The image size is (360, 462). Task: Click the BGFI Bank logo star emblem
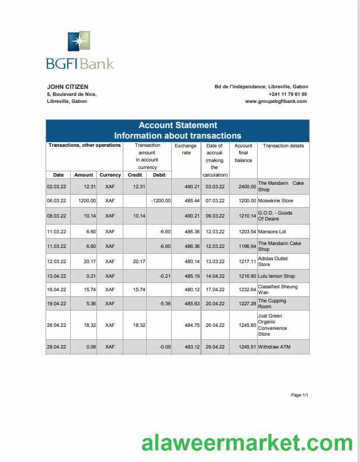click(79, 43)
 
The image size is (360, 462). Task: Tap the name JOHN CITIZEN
click(67, 87)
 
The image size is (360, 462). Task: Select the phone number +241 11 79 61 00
click(288, 94)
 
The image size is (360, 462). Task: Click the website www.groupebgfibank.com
click(276, 101)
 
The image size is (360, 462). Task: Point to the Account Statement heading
click(178, 125)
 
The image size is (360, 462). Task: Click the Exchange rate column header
click(186, 149)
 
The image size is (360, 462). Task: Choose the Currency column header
click(110, 175)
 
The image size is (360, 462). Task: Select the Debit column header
click(159, 175)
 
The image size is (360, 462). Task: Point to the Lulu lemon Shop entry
click(276, 275)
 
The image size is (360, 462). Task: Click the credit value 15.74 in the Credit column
click(136, 289)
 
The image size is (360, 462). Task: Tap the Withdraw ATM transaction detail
click(274, 347)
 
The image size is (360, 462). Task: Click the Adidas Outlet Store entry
click(272, 261)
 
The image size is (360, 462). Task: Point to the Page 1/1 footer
click(299, 395)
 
